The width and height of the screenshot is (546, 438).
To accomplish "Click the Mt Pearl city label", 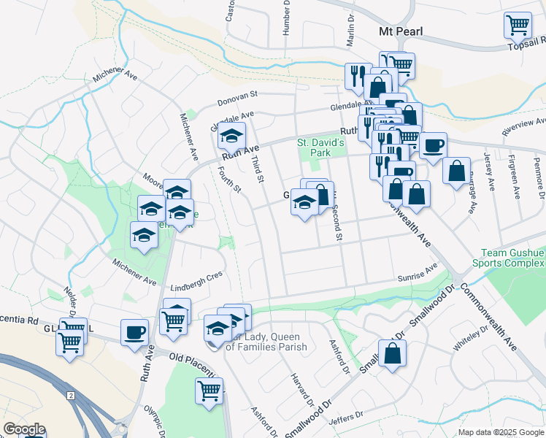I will coord(401,32).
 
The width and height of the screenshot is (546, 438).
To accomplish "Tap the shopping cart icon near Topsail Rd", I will coord(517,24).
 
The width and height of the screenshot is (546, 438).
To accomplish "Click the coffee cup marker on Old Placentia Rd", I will coord(134,332).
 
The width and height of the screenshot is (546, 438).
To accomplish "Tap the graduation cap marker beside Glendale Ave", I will coord(231,136).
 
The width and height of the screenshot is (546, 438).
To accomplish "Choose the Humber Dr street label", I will coord(286,15).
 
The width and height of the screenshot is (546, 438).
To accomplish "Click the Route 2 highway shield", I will coord(71,395).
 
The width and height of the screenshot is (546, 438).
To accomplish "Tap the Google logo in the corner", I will coord(23,430).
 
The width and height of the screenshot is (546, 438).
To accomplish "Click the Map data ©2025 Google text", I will coord(500,432).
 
